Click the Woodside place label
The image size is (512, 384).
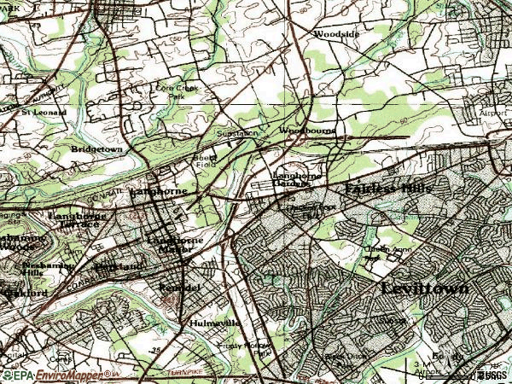tap(335, 34)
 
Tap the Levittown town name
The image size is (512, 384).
tap(424, 288)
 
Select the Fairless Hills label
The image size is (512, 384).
tap(389, 188)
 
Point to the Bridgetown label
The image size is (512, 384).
tap(97, 148)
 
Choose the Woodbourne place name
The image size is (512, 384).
tap(307, 131)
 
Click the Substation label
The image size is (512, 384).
tap(236, 133)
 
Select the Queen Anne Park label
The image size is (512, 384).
tap(381, 253)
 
